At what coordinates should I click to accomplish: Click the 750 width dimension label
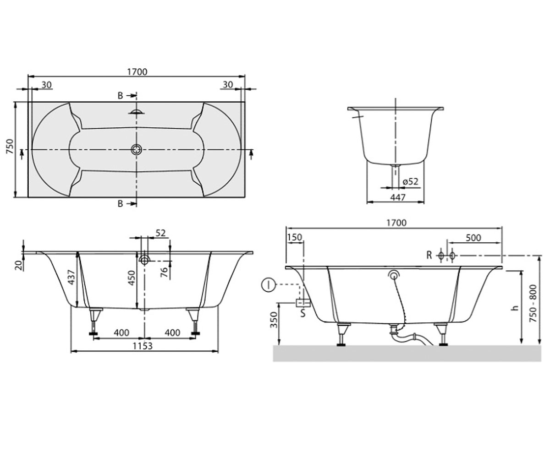[x=10, y=147]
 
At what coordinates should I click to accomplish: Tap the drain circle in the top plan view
[x=137, y=149]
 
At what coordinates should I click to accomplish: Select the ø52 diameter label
[x=410, y=181]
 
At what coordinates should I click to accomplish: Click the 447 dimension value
[x=398, y=197]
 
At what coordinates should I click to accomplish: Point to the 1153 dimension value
[x=143, y=346]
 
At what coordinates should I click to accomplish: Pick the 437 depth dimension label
[x=71, y=277]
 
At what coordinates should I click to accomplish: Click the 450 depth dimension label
[x=131, y=278]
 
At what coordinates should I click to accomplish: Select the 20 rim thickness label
[x=18, y=265]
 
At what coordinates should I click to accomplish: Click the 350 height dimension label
[x=274, y=320]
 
